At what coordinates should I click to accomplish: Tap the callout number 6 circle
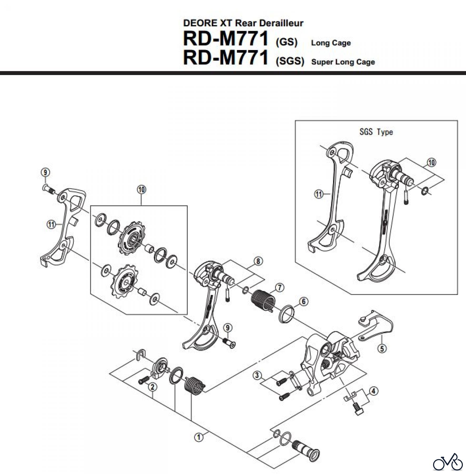coord(304,302)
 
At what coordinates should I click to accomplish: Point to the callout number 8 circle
coord(258,261)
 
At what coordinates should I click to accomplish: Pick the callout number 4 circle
coord(374,391)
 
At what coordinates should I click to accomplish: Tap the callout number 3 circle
coord(258,374)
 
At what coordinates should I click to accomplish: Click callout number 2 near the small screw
coord(152,387)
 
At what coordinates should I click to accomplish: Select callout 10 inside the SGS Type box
coord(431,162)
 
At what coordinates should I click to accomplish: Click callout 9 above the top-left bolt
coord(45,172)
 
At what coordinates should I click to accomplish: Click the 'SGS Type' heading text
coord(376,132)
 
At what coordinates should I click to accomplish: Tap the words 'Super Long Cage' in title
coord(343,62)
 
